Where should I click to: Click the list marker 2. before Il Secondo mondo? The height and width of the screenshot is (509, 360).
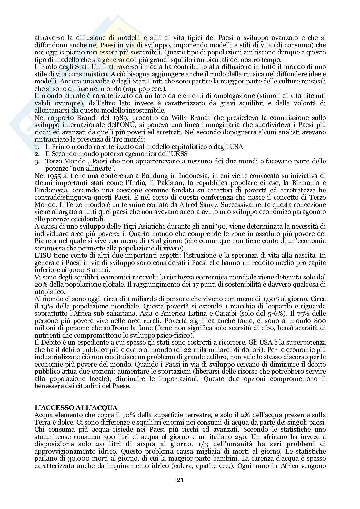pyautogui.click(x=37, y=154)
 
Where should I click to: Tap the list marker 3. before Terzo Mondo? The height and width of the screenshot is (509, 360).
pyautogui.click(x=37, y=161)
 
